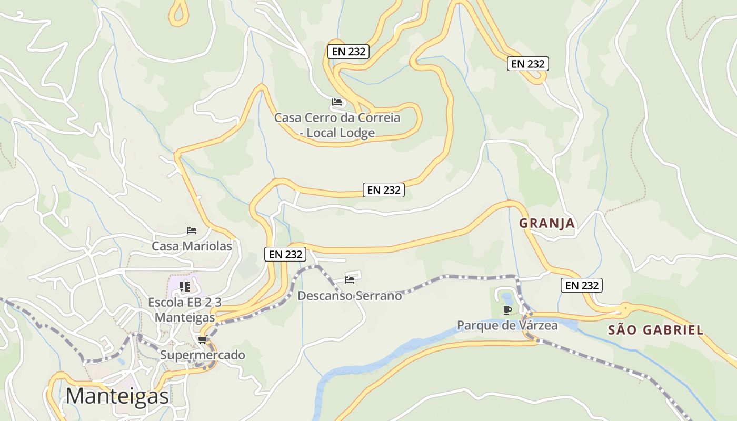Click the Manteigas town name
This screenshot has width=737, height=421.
117,396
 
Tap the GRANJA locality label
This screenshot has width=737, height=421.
547,224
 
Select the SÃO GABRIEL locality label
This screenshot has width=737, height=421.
655,330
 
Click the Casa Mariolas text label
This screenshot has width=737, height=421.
192,246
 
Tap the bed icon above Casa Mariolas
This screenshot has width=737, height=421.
192,230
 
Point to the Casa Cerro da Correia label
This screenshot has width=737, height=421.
337,125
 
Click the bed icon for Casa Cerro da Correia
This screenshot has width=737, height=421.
337,102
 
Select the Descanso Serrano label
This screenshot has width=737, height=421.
350,296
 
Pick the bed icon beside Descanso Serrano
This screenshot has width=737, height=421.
350,279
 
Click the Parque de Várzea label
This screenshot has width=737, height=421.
507,325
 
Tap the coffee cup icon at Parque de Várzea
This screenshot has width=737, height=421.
507,310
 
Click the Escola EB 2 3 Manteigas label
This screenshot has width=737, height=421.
185,310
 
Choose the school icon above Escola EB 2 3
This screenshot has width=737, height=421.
185,286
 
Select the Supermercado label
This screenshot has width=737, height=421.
203,355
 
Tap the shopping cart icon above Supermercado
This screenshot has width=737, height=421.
203,339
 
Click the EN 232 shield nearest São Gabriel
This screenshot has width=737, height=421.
581,285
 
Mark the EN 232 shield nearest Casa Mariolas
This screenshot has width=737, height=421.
285,254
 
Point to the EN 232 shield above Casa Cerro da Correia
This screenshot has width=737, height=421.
348,52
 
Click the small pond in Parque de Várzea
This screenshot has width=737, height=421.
507,298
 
